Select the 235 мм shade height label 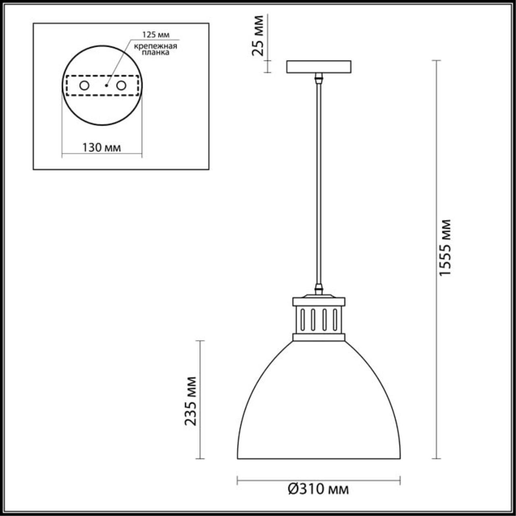click(x=190, y=401)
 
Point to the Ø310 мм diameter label click(x=318, y=489)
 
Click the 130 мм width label click(x=102, y=148)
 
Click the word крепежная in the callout click(x=156, y=46)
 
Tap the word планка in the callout click(x=157, y=52)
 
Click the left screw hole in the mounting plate click(x=84, y=85)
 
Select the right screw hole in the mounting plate click(x=121, y=85)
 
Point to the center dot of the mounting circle click(x=106, y=85)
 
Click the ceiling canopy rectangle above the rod click(x=318, y=67)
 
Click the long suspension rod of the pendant click(x=318, y=181)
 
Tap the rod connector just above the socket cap click(x=318, y=289)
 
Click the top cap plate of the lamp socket click(x=318, y=301)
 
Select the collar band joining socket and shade click(x=318, y=337)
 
